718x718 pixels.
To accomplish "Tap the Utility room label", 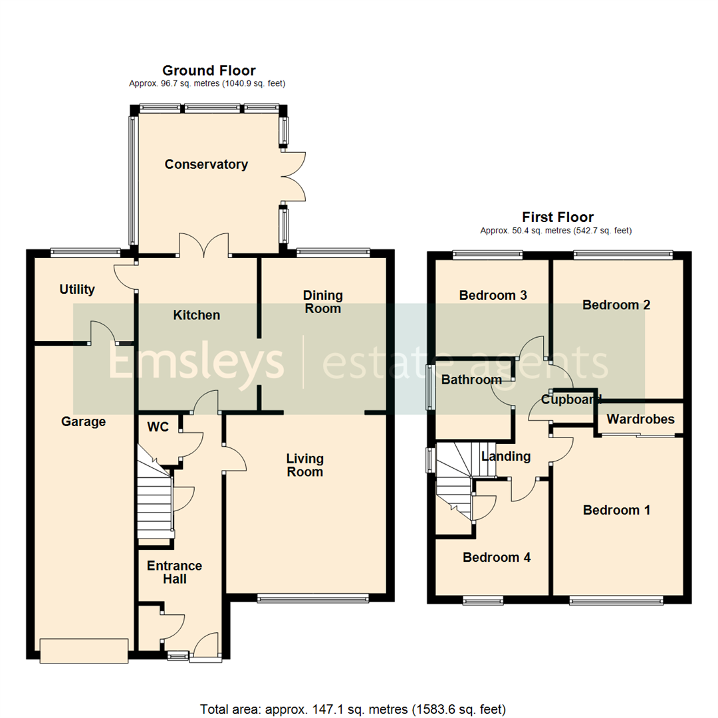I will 77,289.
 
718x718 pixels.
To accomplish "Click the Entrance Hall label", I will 174,572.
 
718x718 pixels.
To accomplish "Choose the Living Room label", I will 304,465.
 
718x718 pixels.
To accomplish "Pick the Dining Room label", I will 322,301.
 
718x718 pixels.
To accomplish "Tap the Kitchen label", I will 197,314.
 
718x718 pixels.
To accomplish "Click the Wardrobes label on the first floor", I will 640,419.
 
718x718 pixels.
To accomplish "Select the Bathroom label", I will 471,380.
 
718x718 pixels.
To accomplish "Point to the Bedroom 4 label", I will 497,557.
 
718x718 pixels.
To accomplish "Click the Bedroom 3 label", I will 493,295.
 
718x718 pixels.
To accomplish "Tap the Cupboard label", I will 570,400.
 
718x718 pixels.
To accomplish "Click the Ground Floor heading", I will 209,70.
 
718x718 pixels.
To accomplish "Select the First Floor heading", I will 557,217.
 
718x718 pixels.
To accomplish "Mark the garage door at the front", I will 84,650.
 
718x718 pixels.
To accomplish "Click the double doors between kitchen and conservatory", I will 203,245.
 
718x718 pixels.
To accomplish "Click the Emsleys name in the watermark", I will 196,363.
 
